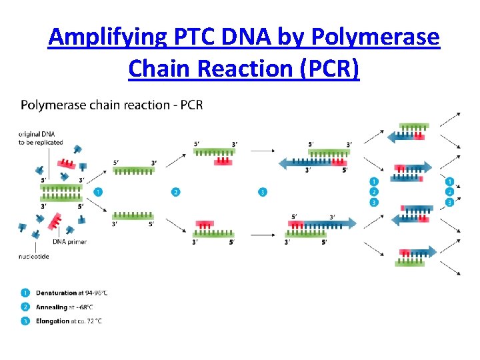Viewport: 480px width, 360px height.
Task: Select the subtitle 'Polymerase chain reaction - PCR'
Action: (x=112, y=105)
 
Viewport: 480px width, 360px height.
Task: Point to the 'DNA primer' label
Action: (x=69, y=241)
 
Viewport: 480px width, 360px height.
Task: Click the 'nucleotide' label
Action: (x=33, y=255)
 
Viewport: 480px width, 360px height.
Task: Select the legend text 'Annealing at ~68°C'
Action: (x=65, y=307)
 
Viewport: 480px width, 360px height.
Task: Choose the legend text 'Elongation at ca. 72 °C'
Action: (x=69, y=321)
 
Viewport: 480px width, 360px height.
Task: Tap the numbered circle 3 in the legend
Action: (x=25, y=321)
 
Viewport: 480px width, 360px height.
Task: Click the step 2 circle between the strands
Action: (x=175, y=192)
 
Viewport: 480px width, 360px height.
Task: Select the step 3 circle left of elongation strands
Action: (x=263, y=192)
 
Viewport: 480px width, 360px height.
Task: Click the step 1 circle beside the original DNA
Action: (x=98, y=192)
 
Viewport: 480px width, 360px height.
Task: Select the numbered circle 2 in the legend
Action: (x=25, y=307)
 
